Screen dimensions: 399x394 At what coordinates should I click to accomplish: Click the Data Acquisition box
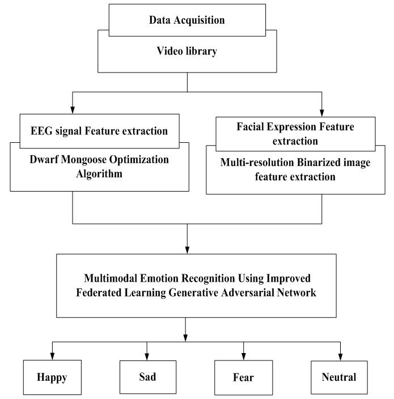click(187, 20)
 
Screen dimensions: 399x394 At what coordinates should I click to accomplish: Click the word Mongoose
click(97, 160)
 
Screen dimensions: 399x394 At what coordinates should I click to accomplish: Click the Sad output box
click(147, 375)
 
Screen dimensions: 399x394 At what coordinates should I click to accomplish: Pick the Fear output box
click(244, 376)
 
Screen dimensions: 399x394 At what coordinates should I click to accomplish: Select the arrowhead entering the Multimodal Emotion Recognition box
click(187, 249)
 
